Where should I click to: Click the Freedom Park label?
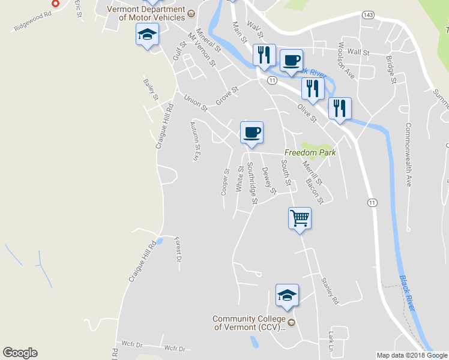click(x=309, y=152)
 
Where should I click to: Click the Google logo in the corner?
click(x=20, y=353)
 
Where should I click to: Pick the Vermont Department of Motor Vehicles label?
click(x=146, y=13)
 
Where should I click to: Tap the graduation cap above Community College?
click(x=287, y=295)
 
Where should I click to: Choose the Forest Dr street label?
click(x=178, y=250)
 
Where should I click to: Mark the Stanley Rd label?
click(x=330, y=289)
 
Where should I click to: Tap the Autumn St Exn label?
click(x=194, y=142)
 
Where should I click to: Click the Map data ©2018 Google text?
click(x=412, y=355)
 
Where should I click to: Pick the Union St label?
click(x=195, y=103)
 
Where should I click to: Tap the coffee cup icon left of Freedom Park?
click(x=252, y=131)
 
